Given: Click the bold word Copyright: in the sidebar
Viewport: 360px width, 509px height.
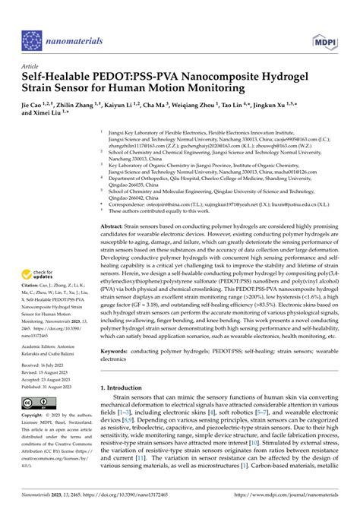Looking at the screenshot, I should (x=35, y=417).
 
